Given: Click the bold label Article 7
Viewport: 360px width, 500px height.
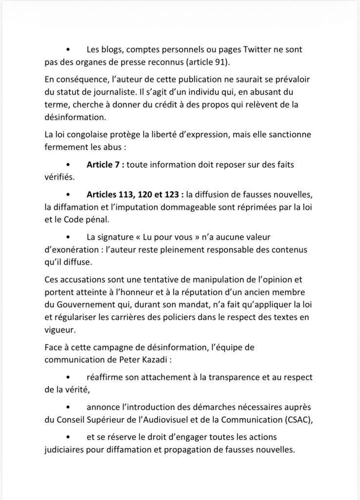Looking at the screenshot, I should pyautogui.click(x=104, y=165).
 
